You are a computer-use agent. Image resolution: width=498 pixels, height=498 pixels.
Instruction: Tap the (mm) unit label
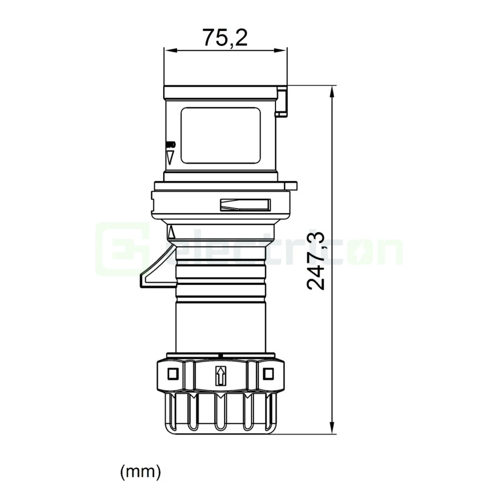141,471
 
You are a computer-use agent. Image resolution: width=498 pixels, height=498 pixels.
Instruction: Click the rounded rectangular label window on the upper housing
220,136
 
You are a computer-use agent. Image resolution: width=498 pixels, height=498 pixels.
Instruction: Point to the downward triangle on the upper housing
170,157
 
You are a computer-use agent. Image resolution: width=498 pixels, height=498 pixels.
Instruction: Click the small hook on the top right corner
282,102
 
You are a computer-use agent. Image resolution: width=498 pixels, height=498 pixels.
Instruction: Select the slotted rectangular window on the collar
245,205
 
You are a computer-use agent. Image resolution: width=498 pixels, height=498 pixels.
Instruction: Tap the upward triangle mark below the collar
171,232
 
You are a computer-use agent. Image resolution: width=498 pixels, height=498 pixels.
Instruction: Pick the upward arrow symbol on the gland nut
221,376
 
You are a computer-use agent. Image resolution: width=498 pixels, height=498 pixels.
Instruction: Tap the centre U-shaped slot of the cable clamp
220,413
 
